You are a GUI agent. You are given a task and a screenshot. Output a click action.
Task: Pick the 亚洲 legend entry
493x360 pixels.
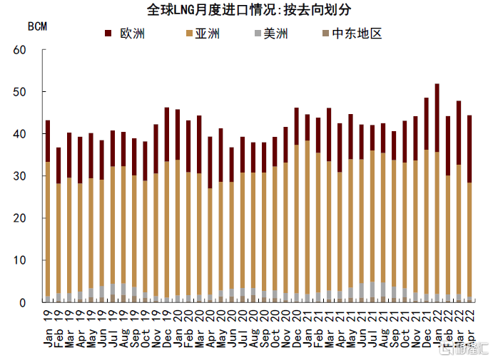pos(207,33)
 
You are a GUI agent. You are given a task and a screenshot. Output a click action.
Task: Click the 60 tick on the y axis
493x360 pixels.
pos(19,50)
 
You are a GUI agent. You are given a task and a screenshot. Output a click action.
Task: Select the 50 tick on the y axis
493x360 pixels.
pos(19,92)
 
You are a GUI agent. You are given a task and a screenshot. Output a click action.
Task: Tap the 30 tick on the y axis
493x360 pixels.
pos(19,176)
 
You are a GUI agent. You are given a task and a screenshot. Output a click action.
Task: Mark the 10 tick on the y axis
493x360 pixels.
pos(19,260)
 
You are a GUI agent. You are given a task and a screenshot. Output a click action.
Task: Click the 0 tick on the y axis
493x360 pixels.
pos(23,302)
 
